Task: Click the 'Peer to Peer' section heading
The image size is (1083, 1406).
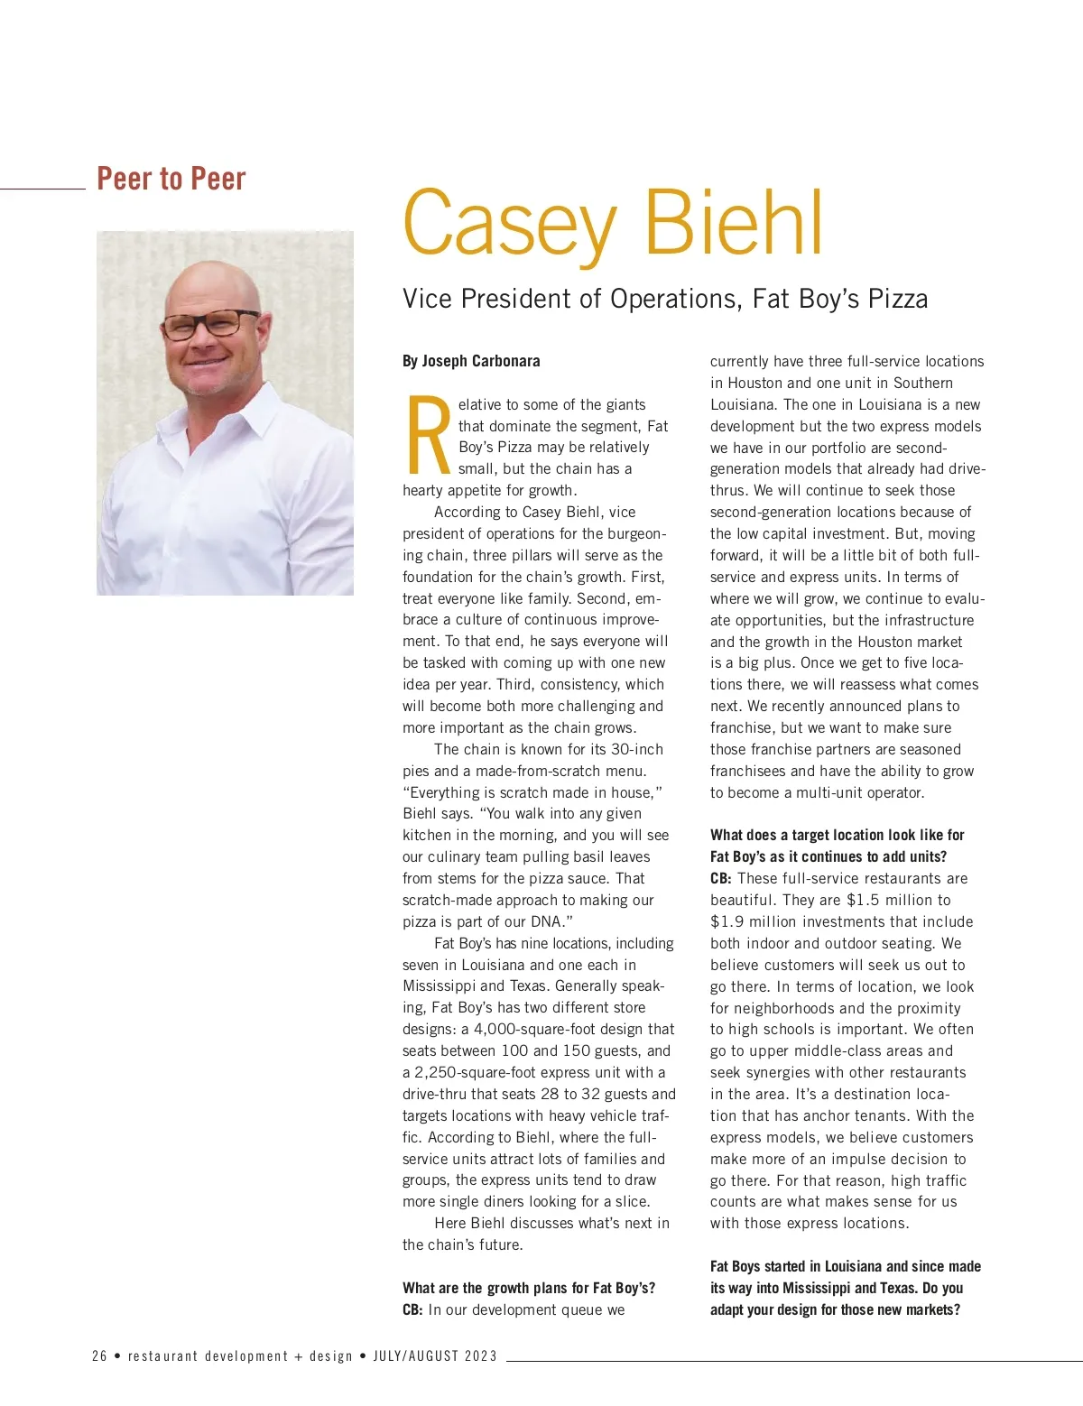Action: tap(171, 179)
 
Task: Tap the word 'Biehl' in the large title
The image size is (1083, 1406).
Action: tap(733, 223)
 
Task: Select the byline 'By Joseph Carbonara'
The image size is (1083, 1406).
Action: tap(471, 361)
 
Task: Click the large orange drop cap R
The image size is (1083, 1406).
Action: tap(429, 437)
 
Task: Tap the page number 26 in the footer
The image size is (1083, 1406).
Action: tap(99, 1355)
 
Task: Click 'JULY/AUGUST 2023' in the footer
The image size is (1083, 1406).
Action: tap(435, 1355)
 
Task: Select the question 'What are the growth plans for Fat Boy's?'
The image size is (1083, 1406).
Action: tap(529, 1288)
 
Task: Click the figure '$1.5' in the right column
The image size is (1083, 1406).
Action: tap(863, 900)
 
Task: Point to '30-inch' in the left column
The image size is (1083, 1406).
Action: tap(636, 749)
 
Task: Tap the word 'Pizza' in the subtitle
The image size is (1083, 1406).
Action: tap(897, 299)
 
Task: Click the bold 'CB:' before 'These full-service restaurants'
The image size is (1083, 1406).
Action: tap(721, 878)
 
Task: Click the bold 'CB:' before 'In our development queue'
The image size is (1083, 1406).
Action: tap(412, 1309)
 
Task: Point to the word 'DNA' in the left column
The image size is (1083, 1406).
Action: tap(544, 921)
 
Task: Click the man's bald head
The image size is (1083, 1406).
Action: tap(212, 280)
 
